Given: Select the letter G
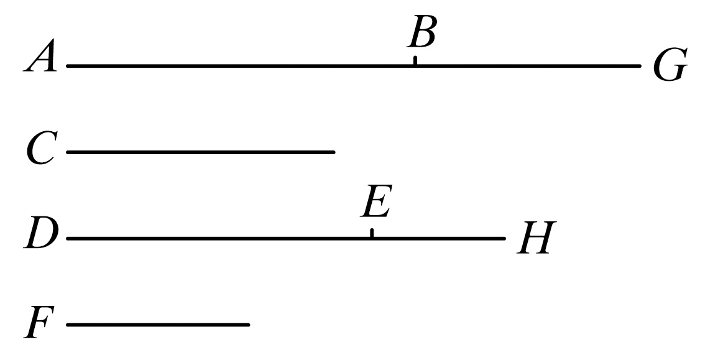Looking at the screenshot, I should coord(670,67).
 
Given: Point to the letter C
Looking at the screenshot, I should coord(42,151).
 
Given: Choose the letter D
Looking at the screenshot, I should coord(42,237).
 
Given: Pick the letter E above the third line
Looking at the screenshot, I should coord(375,204).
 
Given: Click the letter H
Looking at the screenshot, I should coord(534,239).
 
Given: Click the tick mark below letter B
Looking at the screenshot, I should coord(415,60).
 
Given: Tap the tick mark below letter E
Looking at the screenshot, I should coord(372,233).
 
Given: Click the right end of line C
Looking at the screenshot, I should coord(334,152).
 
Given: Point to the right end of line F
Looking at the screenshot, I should coord(249,325).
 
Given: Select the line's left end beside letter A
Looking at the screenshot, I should coord(67,65).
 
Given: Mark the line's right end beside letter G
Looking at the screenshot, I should coord(639,65).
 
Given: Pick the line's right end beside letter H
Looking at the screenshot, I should coord(504,238).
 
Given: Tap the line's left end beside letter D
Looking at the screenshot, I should coord(67,238).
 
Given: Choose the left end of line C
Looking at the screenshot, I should coord(67,152).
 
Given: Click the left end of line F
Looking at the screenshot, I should coord(67,325).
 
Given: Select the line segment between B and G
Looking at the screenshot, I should coord(527,65).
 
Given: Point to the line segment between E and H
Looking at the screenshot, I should coord(438,238).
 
